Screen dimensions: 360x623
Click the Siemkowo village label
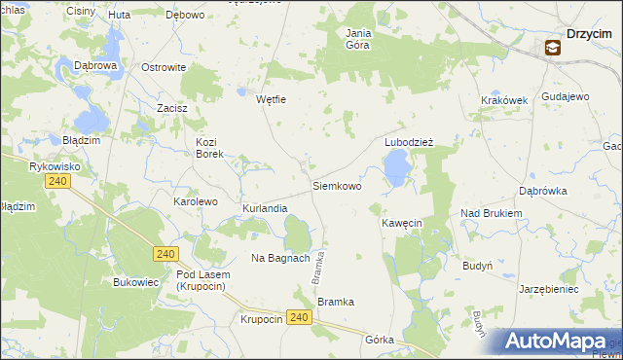[337, 185]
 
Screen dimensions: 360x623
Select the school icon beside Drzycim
[552, 47]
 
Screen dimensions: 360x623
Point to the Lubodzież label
[408, 141]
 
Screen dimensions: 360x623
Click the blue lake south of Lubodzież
[396, 171]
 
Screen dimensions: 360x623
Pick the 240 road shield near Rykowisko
[58, 182]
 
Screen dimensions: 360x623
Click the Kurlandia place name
[265, 208]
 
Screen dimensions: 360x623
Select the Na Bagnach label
[280, 258]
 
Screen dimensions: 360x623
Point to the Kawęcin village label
[401, 223]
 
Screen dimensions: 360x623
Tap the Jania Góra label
[358, 38]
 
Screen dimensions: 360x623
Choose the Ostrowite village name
[164, 67]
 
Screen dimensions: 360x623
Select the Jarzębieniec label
[549, 289]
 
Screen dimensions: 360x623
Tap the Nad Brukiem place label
[492, 213]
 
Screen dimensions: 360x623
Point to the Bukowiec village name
[135, 283]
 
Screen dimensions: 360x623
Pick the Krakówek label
[503, 100]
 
